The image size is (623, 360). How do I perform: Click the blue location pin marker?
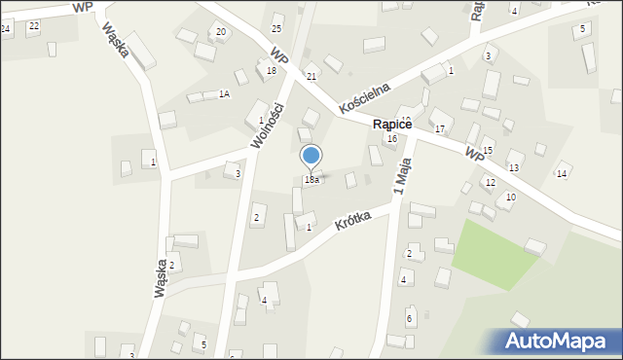click(311, 157)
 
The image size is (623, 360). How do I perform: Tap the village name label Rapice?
click(393, 125)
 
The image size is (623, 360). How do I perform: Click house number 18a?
click(311, 180)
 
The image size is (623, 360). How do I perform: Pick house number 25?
click(276, 29)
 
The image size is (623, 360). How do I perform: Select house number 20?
click(221, 32)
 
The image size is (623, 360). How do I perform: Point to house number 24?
click(5, 29)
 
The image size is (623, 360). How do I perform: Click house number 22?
click(33, 25)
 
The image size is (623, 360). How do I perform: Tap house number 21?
click(311, 76)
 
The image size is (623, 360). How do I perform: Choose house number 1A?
click(224, 93)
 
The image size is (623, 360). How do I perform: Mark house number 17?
click(440, 129)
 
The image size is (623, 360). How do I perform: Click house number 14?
click(561, 174)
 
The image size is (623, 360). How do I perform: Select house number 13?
click(513, 168)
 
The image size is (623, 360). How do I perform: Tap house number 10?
click(510, 198)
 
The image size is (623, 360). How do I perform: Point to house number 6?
click(409, 318)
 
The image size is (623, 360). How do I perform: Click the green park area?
click(494, 252)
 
